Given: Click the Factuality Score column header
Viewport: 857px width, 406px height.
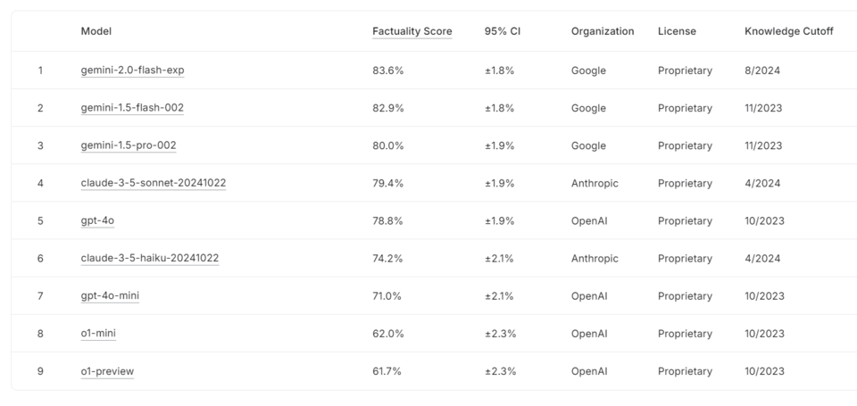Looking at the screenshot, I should [x=412, y=31].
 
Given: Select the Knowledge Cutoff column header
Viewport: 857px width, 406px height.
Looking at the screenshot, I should [x=788, y=31].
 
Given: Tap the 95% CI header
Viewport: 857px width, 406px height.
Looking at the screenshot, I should [x=502, y=31].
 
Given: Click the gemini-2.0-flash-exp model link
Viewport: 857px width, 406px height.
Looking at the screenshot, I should [x=132, y=70].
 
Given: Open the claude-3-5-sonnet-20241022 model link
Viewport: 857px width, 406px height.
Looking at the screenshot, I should [x=153, y=183].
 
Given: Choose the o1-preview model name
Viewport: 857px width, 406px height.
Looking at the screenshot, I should [x=107, y=371].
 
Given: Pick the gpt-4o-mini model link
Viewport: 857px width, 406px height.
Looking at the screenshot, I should [x=109, y=296].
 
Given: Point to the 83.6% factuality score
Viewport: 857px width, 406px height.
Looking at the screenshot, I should [x=387, y=70].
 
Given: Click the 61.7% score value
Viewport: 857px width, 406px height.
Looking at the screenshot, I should [x=387, y=371].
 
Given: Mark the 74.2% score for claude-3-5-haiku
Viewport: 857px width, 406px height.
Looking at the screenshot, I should [x=387, y=259].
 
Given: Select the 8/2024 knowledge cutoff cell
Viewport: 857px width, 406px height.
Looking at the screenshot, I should [x=759, y=70].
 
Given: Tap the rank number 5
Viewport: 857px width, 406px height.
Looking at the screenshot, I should [x=40, y=221].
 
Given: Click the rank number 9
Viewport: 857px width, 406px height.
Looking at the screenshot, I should [x=40, y=371].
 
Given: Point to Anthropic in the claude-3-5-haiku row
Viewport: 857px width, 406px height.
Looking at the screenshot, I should [x=595, y=259].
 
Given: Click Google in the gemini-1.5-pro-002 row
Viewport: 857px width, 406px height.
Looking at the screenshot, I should [x=588, y=145].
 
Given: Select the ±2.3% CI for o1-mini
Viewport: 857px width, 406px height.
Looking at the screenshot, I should [x=500, y=334].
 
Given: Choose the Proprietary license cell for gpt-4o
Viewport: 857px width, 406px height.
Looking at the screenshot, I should [x=685, y=221].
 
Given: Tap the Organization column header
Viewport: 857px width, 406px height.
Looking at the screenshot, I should [x=603, y=31].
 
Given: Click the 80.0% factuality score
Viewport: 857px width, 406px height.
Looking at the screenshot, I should [x=387, y=145].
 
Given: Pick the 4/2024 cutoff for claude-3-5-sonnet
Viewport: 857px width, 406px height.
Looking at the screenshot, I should [x=759, y=183].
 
